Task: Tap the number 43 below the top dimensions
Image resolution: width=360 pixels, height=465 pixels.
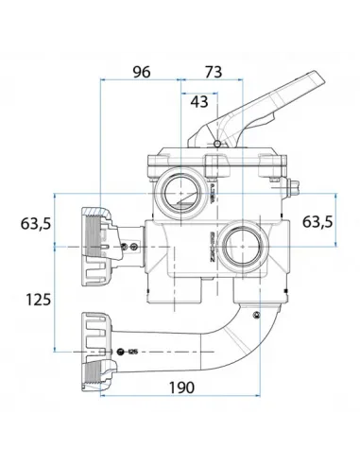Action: [x=200, y=100]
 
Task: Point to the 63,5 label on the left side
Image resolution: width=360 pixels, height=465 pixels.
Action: [x=35, y=224]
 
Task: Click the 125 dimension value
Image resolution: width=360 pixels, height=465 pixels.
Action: [x=37, y=300]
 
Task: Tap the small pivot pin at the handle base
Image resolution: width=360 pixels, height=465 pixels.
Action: [x=216, y=144]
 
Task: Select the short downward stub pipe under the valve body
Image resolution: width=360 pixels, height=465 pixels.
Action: [x=198, y=292]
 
